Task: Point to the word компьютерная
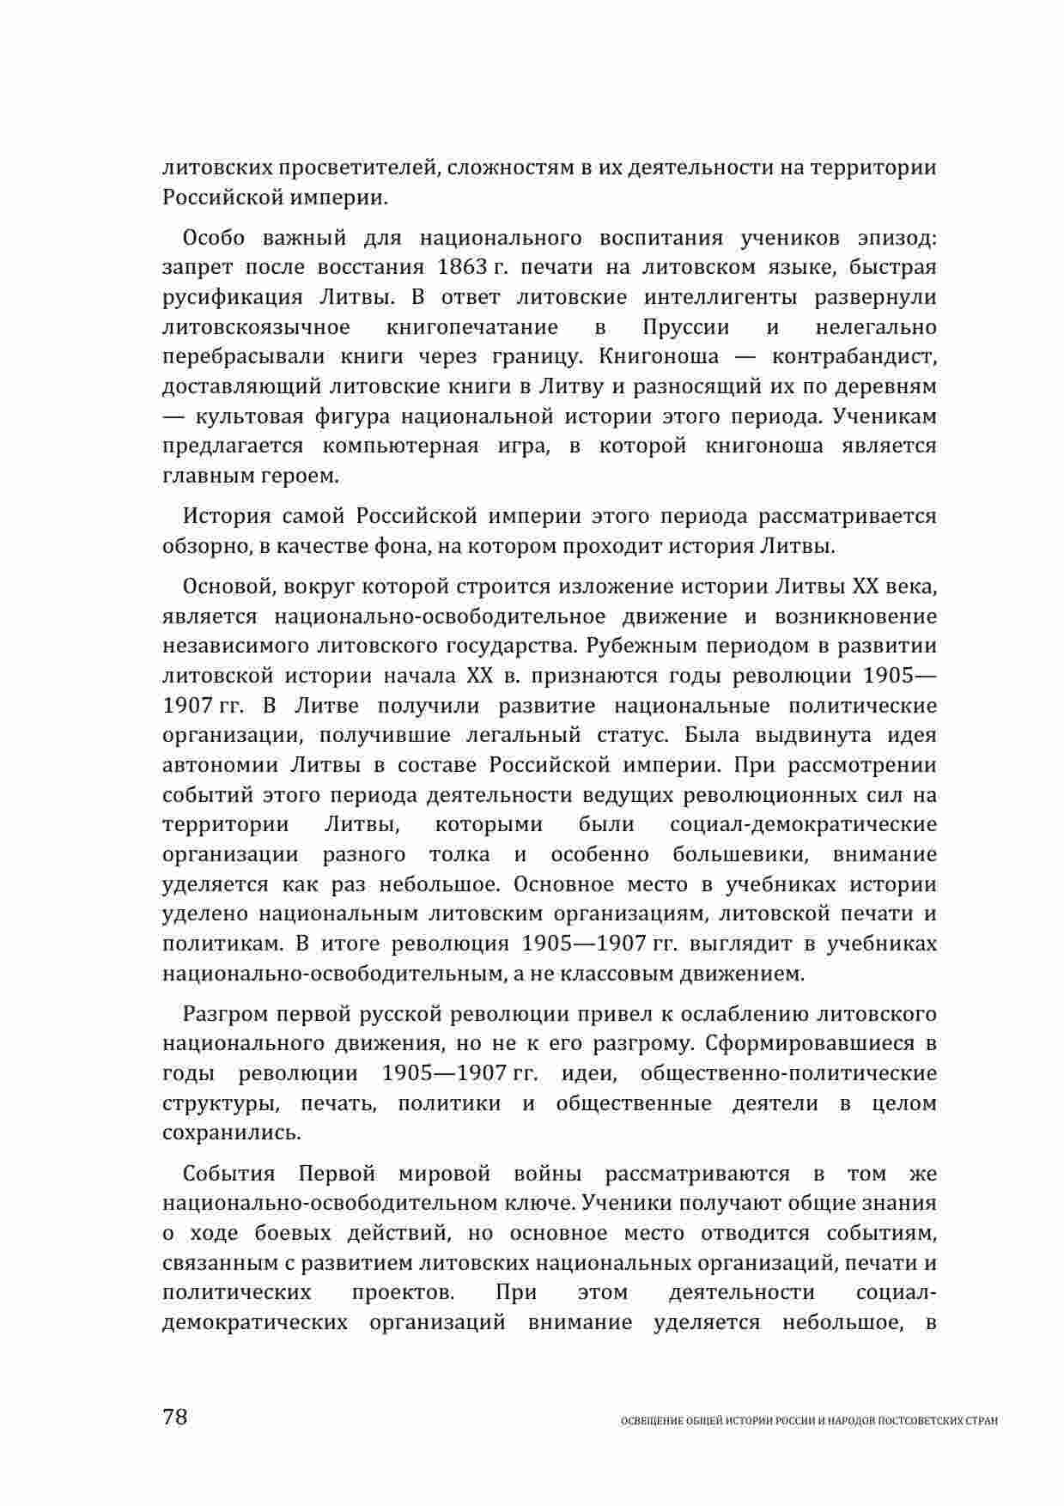pos(400,446)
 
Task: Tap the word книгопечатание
pos(472,327)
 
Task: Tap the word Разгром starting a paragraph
pos(225,1014)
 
